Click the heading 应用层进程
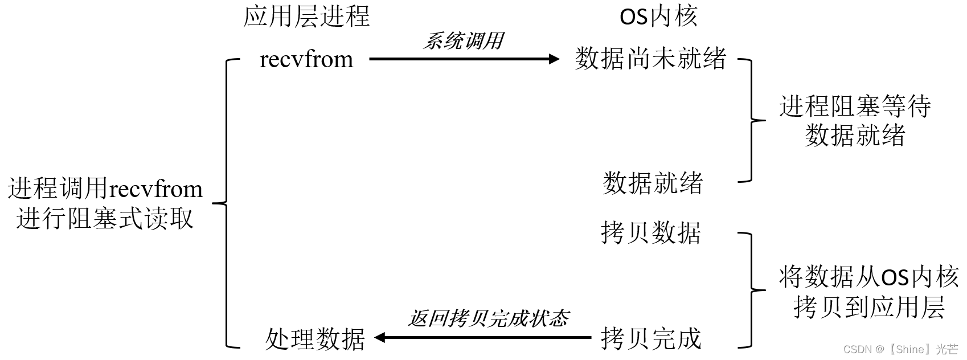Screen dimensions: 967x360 click(306, 17)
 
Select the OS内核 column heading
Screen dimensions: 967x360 click(658, 17)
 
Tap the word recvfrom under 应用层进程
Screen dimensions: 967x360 click(306, 59)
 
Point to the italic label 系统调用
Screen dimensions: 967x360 click(463, 41)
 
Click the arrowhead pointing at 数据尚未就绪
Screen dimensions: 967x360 click(554, 59)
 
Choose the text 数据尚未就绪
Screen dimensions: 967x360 click(650, 59)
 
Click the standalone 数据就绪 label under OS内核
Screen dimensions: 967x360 click(653, 183)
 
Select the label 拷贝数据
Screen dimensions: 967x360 click(651, 232)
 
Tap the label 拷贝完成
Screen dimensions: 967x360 click(651, 338)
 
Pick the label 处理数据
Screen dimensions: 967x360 click(315, 339)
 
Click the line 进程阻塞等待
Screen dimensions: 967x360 click(855, 107)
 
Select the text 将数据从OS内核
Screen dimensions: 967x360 click(868, 277)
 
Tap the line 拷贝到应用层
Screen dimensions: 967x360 click(868, 307)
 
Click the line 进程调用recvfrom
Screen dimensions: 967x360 click(105, 189)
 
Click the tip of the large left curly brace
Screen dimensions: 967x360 click(214, 203)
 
